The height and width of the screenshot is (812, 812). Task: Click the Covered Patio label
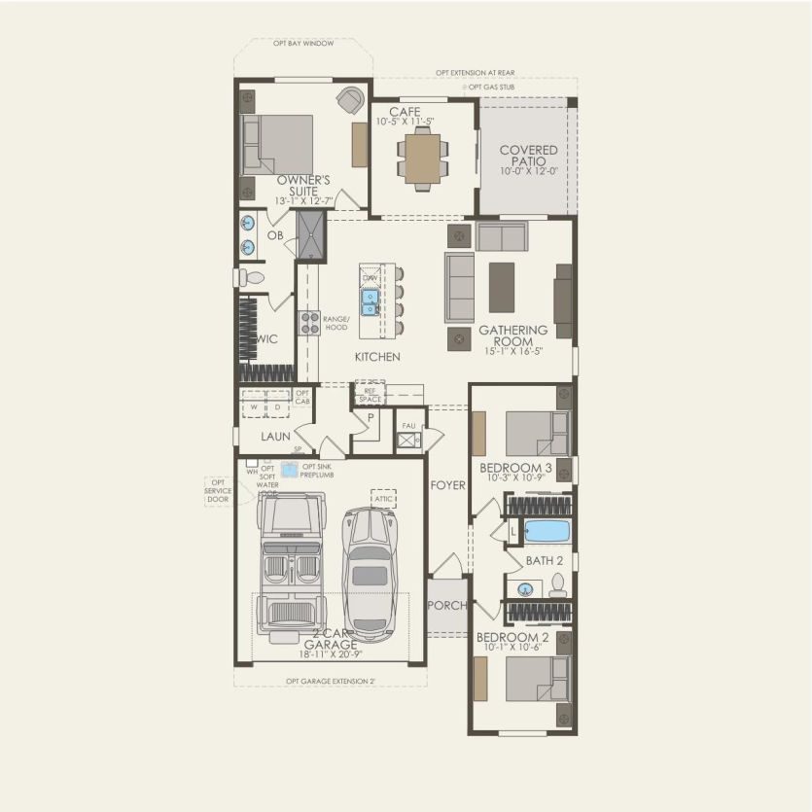point(528,156)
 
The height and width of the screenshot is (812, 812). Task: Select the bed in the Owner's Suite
point(279,144)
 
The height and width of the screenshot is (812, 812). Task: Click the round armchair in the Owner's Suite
point(349,98)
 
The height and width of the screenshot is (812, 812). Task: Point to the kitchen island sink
point(371,303)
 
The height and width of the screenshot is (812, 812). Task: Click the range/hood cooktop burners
point(309,323)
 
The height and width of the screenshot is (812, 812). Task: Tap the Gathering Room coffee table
point(502,287)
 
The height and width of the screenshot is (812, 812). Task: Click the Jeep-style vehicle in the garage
point(292,564)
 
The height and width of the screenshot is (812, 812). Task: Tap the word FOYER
point(447,484)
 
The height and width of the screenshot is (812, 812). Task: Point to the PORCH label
point(447,606)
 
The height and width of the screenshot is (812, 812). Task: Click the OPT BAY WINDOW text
point(303,44)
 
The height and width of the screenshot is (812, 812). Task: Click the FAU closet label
point(408,425)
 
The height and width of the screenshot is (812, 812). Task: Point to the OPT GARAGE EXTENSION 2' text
point(331,682)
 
